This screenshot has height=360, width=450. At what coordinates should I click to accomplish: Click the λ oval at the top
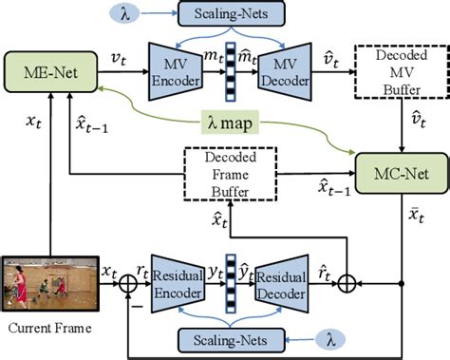(x=128, y=14)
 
